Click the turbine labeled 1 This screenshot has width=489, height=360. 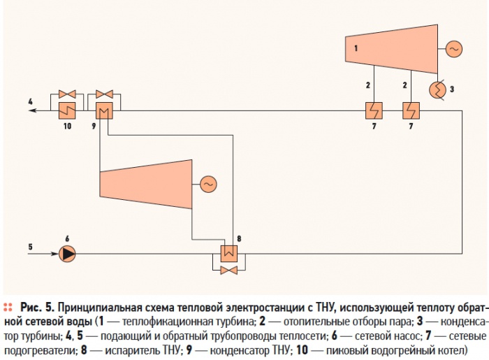pos(391,49)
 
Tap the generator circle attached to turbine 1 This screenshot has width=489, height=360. pos(454,49)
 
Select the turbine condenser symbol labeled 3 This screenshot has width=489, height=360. pos(437,90)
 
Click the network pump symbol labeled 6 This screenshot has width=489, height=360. pos(67,254)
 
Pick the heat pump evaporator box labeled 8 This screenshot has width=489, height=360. pos(229,254)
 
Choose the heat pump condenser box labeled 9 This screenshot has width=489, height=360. pos(104,110)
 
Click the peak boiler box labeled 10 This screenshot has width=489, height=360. pos(67,110)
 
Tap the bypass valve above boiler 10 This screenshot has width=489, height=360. pos(67,94)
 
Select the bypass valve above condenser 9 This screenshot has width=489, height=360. pos(104,94)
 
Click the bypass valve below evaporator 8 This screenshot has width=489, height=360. pos(229,270)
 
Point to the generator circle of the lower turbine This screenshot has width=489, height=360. pos(208,184)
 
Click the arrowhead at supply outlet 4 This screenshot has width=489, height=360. pos(32,110)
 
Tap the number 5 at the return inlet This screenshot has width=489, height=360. pos(30,247)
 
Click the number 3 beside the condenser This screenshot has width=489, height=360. pos(452,89)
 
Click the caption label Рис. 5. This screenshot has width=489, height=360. pos(37,308)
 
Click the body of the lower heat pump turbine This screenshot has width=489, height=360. pos(145,184)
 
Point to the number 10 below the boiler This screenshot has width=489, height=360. pos(67,126)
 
